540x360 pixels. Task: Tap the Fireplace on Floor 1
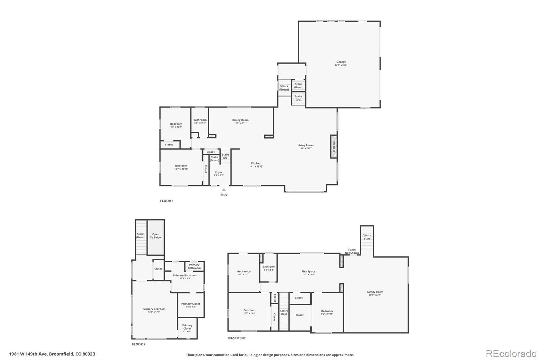pyautogui.click(x=334, y=147)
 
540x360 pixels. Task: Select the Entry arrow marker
pyautogui.click(x=224, y=190)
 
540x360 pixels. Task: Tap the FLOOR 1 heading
pyautogui.click(x=167, y=201)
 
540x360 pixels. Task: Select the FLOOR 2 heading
pyautogui.click(x=139, y=344)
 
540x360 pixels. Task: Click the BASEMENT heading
pyautogui.click(x=237, y=338)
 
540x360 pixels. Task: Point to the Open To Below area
pyautogui.click(x=156, y=236)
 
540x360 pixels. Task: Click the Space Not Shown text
pyautogui.click(x=352, y=251)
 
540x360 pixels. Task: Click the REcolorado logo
pyautogui.click(x=511, y=354)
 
